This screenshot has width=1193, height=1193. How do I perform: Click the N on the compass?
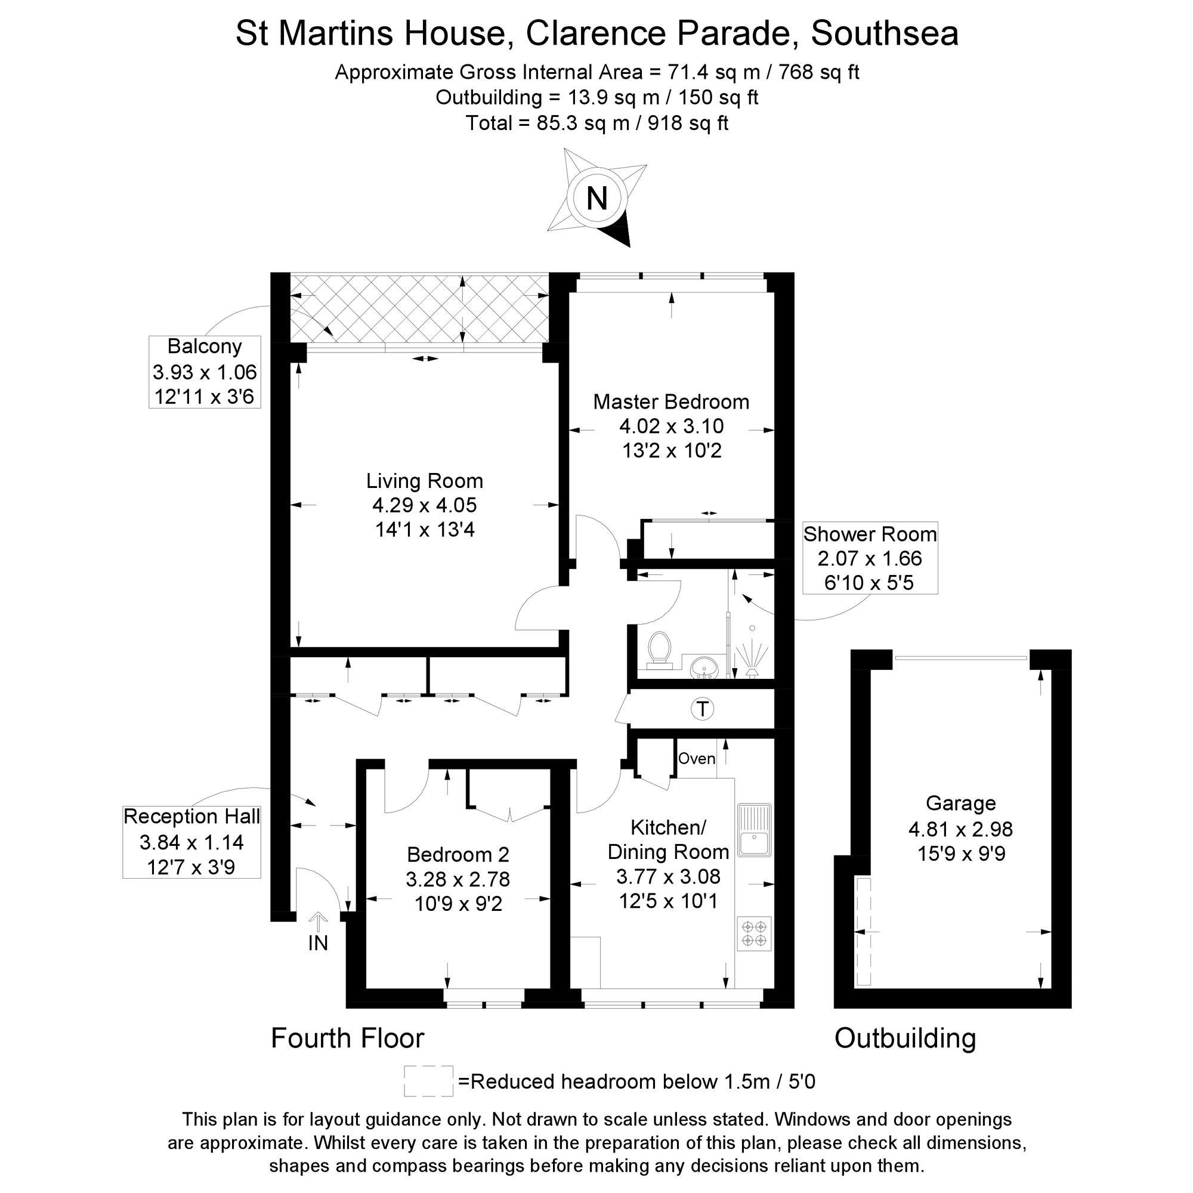click(x=596, y=199)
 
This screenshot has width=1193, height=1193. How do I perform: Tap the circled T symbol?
click(x=702, y=709)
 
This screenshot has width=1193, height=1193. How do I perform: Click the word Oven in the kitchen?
click(x=697, y=758)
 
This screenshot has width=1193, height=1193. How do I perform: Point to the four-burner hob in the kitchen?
click(x=754, y=933)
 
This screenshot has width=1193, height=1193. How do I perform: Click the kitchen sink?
click(x=754, y=830)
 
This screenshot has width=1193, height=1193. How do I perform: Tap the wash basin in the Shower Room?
click(x=704, y=667)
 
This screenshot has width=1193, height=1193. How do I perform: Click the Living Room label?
click(x=424, y=481)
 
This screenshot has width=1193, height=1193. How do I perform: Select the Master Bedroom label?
click(x=671, y=402)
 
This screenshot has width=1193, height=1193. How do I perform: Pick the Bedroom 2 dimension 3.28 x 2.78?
click(x=458, y=879)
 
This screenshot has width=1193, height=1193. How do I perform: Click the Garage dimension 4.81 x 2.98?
click(x=961, y=829)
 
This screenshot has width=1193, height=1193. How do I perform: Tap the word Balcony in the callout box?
click(x=205, y=347)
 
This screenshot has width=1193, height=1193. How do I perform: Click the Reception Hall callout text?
click(x=191, y=817)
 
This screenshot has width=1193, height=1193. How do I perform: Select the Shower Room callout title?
click(x=870, y=534)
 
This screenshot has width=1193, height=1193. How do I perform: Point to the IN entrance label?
click(x=318, y=943)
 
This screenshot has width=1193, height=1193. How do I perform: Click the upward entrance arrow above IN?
click(x=318, y=922)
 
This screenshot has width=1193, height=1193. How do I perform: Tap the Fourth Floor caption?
click(x=348, y=1038)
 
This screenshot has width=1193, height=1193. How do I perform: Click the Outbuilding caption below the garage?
click(x=905, y=1038)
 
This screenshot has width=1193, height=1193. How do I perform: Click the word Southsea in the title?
click(x=884, y=34)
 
